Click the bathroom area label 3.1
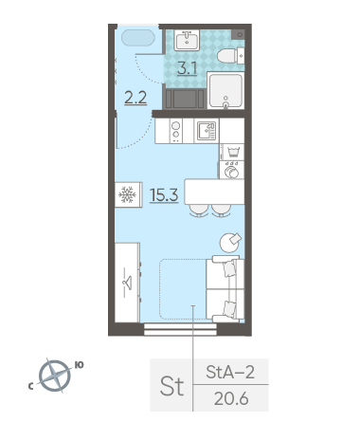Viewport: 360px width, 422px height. (x=188, y=68)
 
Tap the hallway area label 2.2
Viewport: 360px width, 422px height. (x=135, y=98)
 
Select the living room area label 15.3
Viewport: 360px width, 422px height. (x=164, y=195)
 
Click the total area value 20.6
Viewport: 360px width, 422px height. (x=231, y=399)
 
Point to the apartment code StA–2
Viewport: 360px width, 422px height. (x=230, y=372)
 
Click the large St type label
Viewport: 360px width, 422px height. (x=171, y=386)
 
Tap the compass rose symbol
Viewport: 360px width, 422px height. (x=55, y=376)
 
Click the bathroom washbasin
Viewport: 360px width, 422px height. (x=187, y=40)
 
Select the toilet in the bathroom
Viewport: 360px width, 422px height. (x=230, y=56)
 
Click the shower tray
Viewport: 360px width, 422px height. (x=225, y=90)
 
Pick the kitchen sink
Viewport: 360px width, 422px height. (x=207, y=131)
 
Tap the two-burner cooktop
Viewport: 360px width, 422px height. (x=176, y=131)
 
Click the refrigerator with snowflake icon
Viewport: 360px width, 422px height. (x=129, y=194)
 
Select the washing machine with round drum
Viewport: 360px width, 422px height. (x=232, y=170)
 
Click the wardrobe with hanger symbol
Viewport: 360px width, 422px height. (x=127, y=283)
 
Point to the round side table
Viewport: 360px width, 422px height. (x=229, y=243)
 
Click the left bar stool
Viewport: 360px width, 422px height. (x=199, y=211)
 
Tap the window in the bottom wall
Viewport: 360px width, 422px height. (x=180, y=329)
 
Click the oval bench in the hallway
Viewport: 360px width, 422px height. (x=138, y=38)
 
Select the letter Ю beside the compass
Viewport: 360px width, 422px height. (x=79, y=365)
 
